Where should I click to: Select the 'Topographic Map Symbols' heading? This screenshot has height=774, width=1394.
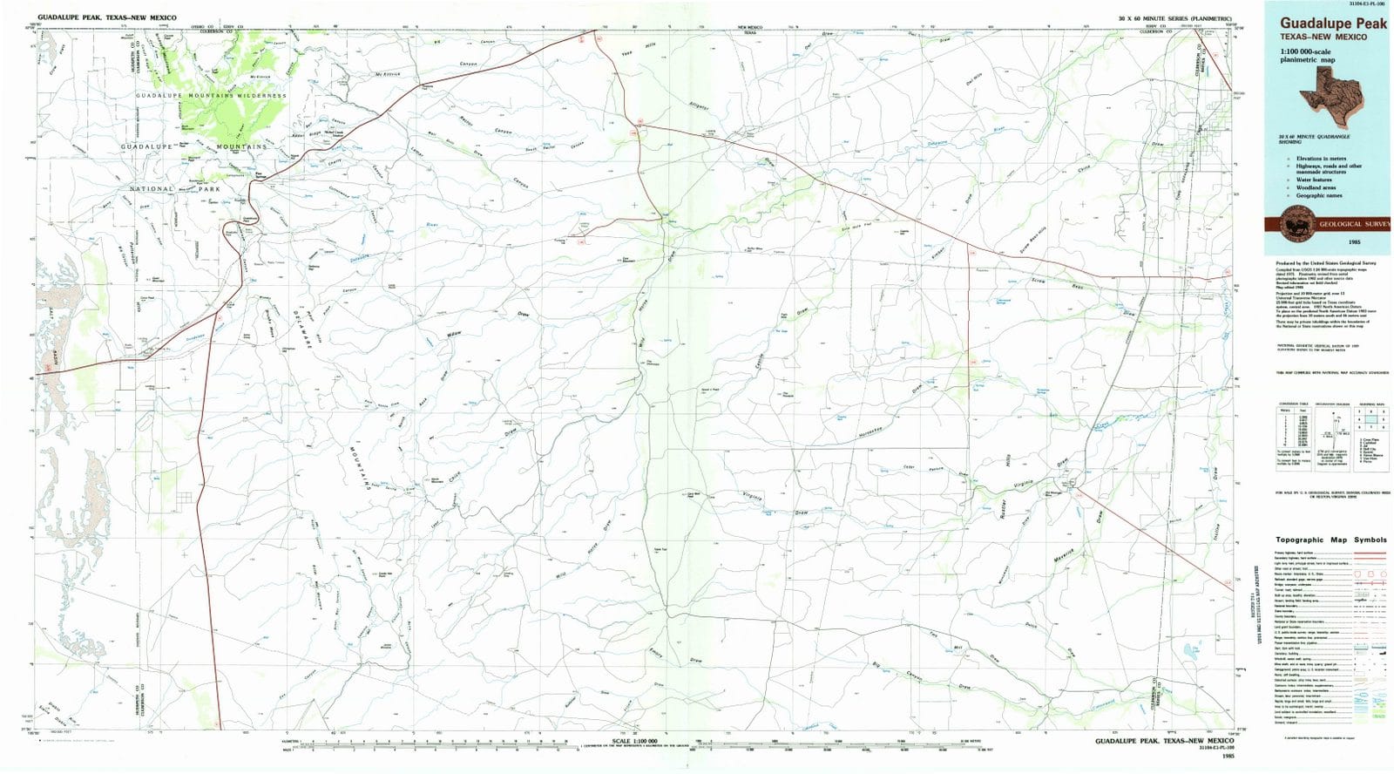point(1330,540)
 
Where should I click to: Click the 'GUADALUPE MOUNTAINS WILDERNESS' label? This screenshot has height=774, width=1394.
point(211,96)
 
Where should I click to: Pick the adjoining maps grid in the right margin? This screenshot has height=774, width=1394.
point(1370,421)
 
